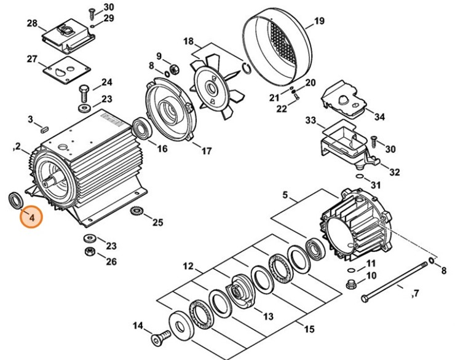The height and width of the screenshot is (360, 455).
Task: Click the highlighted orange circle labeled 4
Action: tap(31, 217)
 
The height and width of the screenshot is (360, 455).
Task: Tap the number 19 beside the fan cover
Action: tap(319, 21)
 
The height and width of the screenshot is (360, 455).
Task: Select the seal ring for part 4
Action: tap(15, 200)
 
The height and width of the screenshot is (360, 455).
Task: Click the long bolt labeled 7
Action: tap(395, 281)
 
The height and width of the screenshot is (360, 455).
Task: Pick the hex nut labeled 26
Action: tap(90, 251)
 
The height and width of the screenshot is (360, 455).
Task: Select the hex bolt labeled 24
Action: tap(84, 93)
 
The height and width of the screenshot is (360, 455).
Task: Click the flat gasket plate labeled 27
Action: tap(67, 70)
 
